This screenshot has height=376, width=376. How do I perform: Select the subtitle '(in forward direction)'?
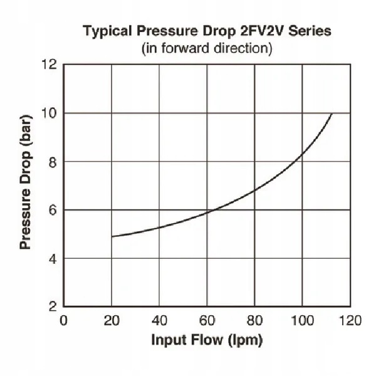click(x=206, y=48)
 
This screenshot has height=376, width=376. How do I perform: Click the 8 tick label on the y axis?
click(x=53, y=162)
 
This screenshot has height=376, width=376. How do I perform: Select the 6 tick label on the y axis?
click(x=53, y=210)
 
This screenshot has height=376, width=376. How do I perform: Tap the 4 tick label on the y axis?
click(x=53, y=258)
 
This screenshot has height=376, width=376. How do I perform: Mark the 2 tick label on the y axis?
click(x=53, y=306)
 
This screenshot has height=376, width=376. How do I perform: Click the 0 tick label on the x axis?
click(x=63, y=320)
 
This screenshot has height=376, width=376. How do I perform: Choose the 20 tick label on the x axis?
click(x=111, y=320)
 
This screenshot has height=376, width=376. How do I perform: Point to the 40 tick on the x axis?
click(x=159, y=320)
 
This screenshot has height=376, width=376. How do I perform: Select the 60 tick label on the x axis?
click(x=207, y=320)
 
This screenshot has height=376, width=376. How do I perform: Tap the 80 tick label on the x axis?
click(x=255, y=320)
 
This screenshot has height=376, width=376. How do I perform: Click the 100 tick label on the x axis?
click(x=303, y=320)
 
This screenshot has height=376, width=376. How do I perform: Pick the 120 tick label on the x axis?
click(x=350, y=320)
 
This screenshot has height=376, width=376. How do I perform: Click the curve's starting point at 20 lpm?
click(x=112, y=236)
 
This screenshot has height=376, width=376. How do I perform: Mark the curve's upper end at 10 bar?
click(x=332, y=113)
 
